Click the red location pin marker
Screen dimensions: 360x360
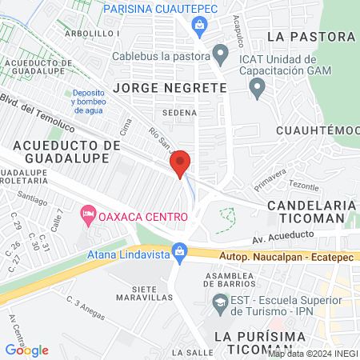[x=181, y=163]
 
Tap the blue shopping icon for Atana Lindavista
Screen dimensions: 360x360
[x=180, y=253]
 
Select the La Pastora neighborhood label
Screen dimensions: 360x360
[x=311, y=37]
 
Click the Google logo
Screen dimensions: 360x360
[x=26, y=350]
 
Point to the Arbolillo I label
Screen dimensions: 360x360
[x=93, y=34]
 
